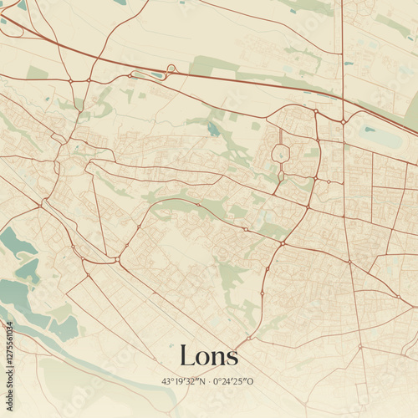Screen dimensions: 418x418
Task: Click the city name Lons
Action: tap(209, 356)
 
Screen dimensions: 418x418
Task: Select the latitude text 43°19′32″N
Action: tap(185, 381)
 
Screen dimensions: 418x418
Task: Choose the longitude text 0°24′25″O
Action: tap(233, 381)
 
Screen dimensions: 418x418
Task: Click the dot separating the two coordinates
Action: tap(209, 381)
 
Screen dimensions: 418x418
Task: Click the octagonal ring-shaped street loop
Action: tap(282, 153)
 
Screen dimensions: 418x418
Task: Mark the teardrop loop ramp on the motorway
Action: tap(171, 69)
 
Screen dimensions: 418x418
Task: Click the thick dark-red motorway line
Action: tap(251, 82)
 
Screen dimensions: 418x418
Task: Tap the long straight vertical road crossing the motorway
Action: tap(343, 50)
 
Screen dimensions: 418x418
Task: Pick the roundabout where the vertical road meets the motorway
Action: tap(343, 122)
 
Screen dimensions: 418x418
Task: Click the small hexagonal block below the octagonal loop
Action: tap(282, 176)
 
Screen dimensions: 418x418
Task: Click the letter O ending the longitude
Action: tap(250, 381)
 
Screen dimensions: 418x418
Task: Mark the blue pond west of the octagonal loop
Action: tap(213, 130)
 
